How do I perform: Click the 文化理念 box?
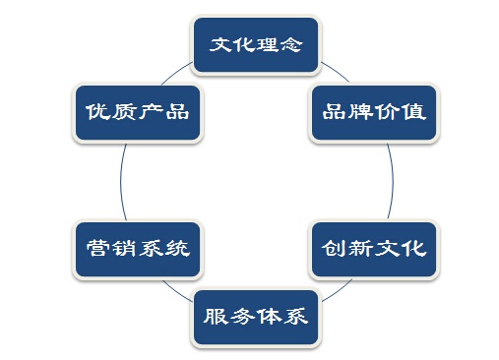pyautogui.click(x=256, y=45)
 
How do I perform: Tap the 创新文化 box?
pyautogui.click(x=373, y=248)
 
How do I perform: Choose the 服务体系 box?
pyautogui.click(x=256, y=317)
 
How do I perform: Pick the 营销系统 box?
pyautogui.click(x=132, y=248)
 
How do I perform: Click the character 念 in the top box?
pyautogui.click(x=290, y=45)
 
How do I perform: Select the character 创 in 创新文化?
pyautogui.click(x=334, y=248)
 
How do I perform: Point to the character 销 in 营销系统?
pyautogui.click(x=119, y=248)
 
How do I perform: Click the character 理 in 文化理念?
pyautogui.click(x=267, y=45)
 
